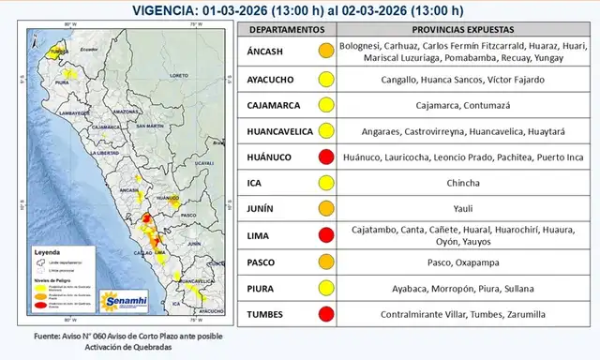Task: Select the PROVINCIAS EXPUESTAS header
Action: (449, 31)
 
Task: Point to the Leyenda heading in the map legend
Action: (50, 252)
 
